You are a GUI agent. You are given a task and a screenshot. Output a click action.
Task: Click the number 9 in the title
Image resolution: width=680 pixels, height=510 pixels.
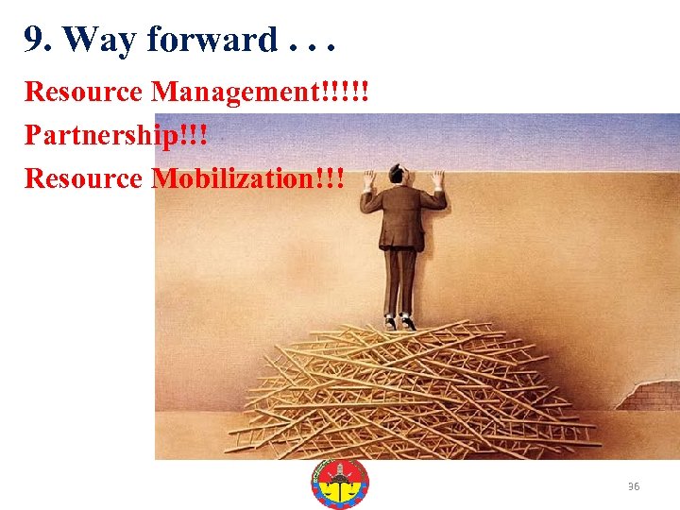click(34, 40)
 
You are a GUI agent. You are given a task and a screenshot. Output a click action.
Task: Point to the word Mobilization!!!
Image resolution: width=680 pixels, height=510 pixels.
click(248, 178)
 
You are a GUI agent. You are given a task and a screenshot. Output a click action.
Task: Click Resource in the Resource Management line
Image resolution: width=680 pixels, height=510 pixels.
click(84, 93)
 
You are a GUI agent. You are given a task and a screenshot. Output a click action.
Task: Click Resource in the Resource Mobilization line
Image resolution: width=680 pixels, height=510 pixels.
click(84, 178)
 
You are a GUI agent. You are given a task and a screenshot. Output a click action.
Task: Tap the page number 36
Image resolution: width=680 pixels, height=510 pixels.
click(634, 486)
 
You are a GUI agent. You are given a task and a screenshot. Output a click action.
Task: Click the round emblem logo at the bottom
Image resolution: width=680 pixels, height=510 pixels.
click(340, 484)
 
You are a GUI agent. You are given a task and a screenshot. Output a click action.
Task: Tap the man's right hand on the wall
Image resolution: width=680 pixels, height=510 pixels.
click(437, 177)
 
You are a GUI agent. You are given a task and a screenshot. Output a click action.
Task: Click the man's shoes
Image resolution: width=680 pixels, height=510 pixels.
click(399, 321)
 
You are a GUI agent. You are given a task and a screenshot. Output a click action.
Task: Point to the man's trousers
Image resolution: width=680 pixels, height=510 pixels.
click(401, 279)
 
